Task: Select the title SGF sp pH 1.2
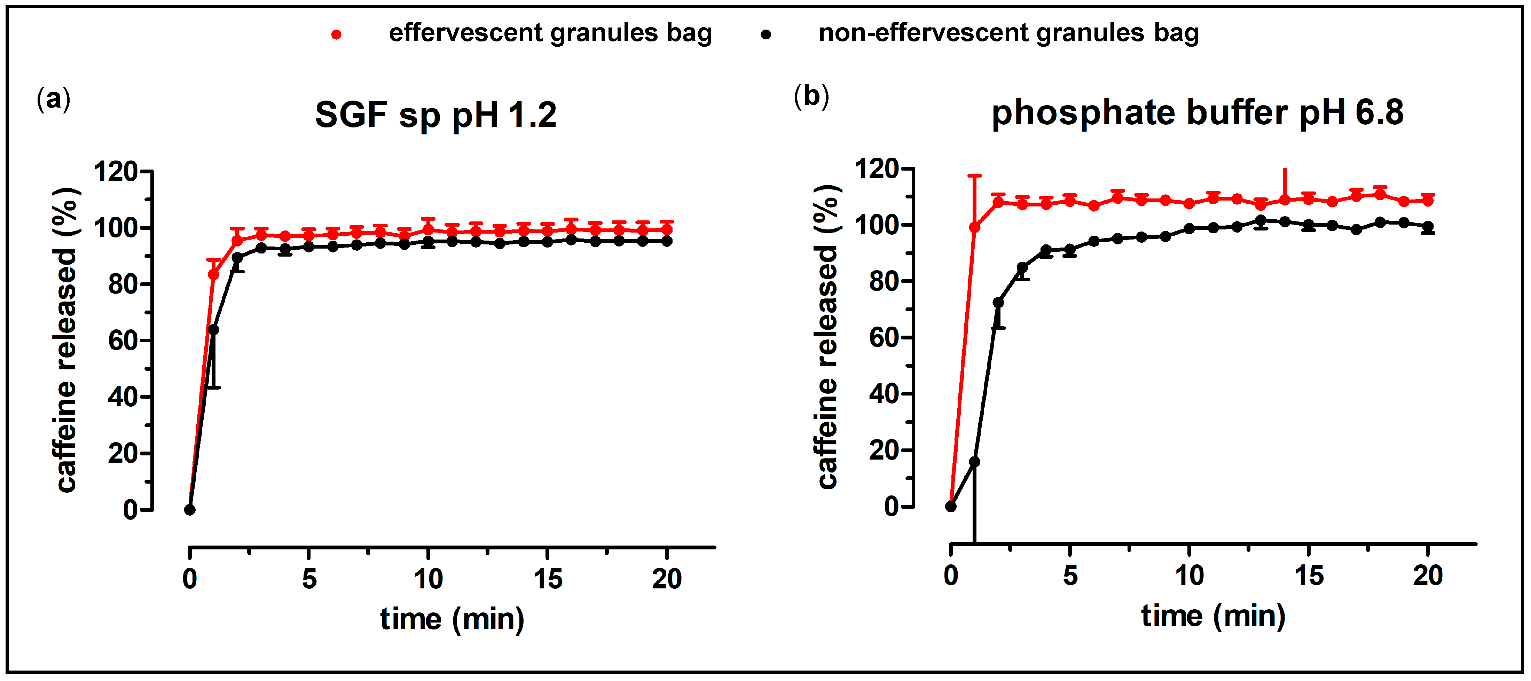[x=435, y=115]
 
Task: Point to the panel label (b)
[x=811, y=96]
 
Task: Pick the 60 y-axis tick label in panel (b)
[x=884, y=337]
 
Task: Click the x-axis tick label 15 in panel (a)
[x=547, y=579]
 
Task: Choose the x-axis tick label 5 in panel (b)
[x=1070, y=575]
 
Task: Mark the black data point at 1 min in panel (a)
[x=213, y=330]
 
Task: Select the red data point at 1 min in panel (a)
[x=213, y=275]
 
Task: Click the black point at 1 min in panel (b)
[x=975, y=462]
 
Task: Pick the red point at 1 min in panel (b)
[x=975, y=228]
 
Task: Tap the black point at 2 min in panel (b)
[x=998, y=303]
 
